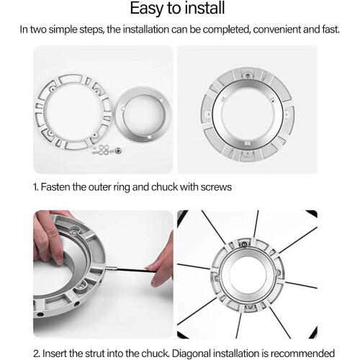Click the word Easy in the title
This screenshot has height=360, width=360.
tap(147, 9)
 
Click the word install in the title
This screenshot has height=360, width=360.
tap(204, 8)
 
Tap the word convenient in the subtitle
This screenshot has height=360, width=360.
tap(276, 30)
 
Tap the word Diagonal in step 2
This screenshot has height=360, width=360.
tap(192, 354)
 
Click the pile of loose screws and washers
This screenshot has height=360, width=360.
tap(107, 150)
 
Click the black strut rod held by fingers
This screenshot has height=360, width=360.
tap(131, 270)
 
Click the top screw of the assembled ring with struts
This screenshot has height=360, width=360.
tap(244, 245)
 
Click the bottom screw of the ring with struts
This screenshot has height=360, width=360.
tap(250, 306)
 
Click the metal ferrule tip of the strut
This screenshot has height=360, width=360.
tap(110, 269)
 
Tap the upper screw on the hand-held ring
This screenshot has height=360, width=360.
tap(74, 232)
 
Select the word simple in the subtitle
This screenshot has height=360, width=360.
tap(63, 30)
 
